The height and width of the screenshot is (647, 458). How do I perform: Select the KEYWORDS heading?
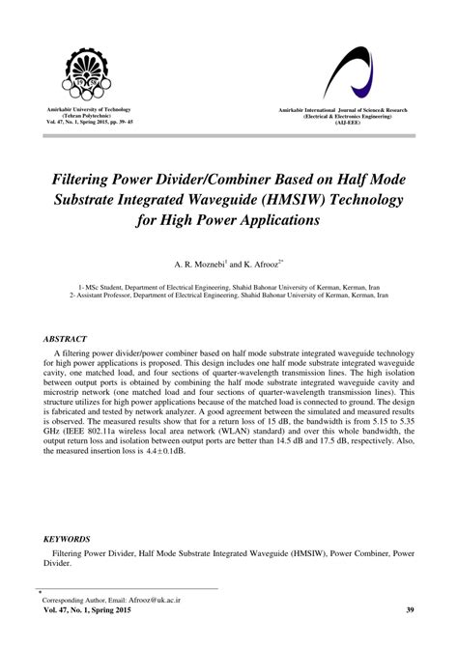tap(68, 538)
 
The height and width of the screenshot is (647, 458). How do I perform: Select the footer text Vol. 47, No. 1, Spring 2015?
tap(91, 610)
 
